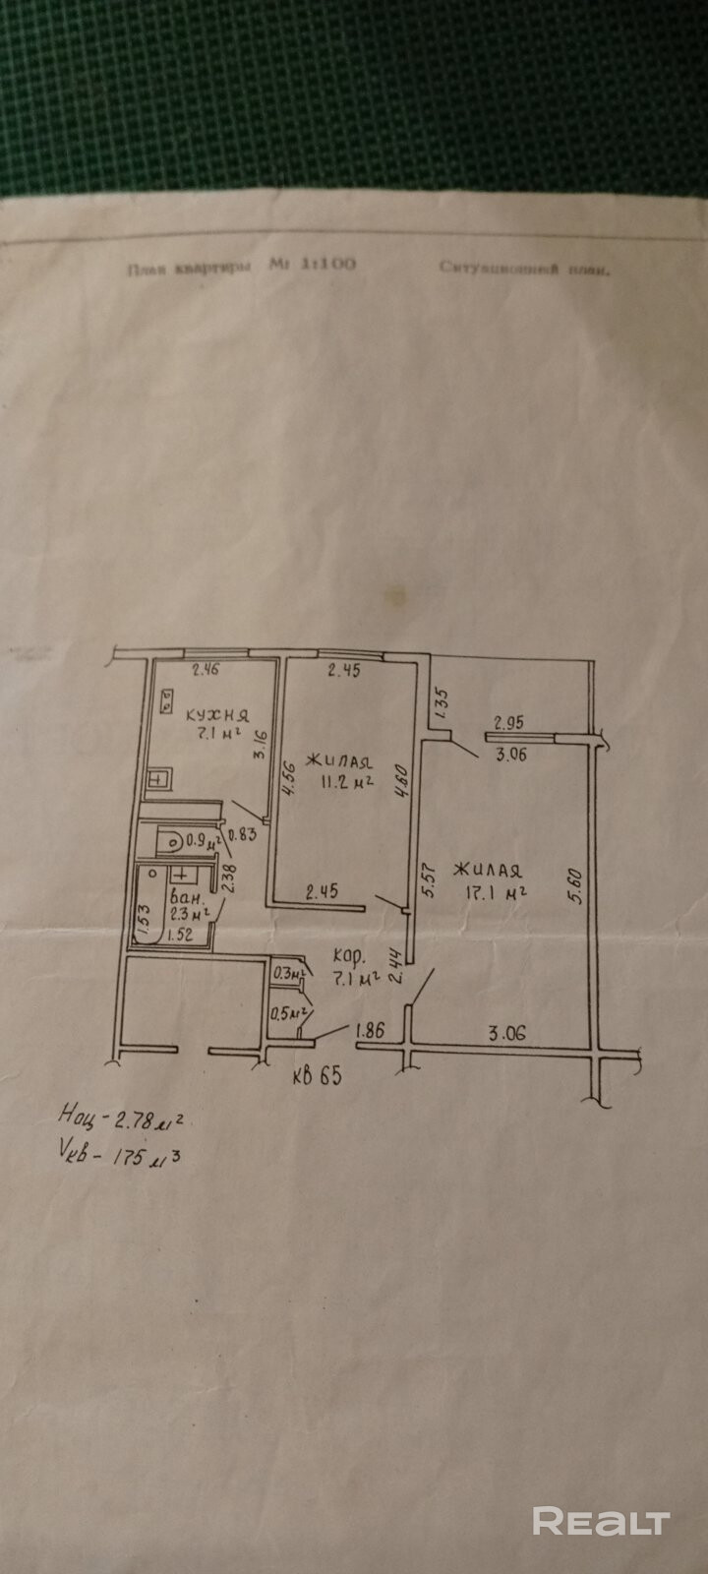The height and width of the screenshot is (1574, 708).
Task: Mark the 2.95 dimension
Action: pyautogui.click(x=508, y=722)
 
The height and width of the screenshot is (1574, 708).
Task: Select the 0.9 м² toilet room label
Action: pyautogui.click(x=203, y=841)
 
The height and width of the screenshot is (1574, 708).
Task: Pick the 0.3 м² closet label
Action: pyautogui.click(x=289, y=974)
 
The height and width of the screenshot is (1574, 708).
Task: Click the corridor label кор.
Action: pyautogui.click(x=350, y=954)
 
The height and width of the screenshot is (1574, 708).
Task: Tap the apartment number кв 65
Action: pyautogui.click(x=317, y=1075)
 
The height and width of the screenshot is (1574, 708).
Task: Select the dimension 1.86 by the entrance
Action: pyautogui.click(x=370, y=1032)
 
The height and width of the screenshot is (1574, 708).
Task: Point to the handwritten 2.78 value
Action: pyautogui.click(x=138, y=1120)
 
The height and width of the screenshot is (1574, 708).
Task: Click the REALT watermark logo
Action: pyautogui.click(x=601, y=1522)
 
